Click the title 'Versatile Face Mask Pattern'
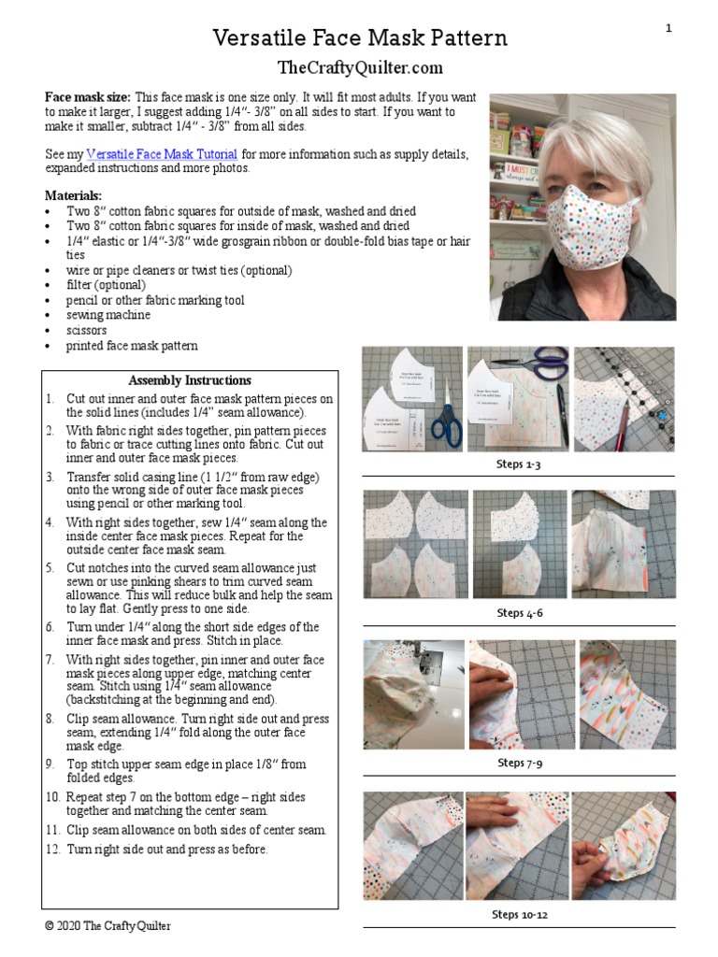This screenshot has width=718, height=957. pos(360,38)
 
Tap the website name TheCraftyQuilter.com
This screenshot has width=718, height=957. pos(360,67)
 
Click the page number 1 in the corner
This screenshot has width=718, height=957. pos(668,29)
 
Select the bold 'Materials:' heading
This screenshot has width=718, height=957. pos(74,196)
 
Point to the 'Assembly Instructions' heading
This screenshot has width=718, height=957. pos(190,380)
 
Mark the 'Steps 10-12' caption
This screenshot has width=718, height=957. pos(520,914)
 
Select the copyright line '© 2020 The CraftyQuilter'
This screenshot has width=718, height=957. pos(108,926)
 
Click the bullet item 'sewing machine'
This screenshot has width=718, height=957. pos(108,315)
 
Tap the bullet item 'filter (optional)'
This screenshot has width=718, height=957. pos(106,285)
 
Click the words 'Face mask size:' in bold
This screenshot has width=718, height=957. pos(89,97)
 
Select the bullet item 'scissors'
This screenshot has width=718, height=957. pos(86,330)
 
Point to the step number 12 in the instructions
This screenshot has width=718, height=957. pos(52,850)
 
